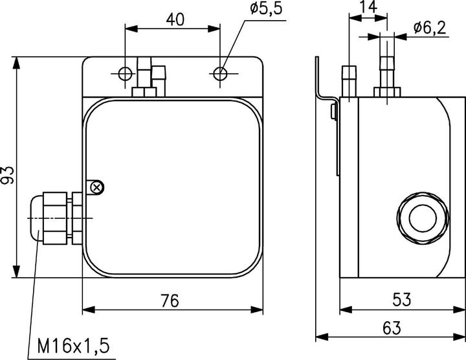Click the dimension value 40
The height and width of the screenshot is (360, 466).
174,19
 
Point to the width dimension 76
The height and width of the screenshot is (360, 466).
170,301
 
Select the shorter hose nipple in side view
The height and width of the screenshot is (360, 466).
349,82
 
